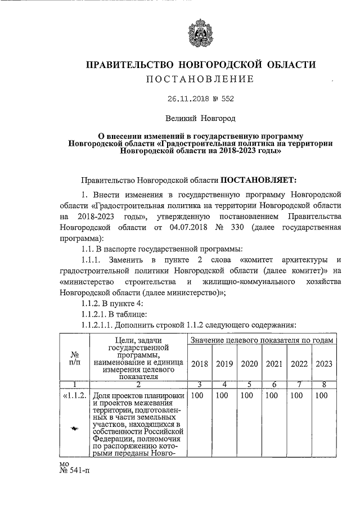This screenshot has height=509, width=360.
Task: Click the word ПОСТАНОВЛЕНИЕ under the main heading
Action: tap(200, 79)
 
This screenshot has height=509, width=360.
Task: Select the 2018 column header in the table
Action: tap(200, 363)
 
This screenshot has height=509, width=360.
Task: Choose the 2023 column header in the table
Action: tap(324, 363)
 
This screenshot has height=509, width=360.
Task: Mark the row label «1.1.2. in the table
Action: tap(75, 396)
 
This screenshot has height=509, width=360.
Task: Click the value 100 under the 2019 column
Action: tap(224, 396)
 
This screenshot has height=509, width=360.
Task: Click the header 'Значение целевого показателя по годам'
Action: tap(262, 341)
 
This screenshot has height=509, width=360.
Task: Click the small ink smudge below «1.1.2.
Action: tap(75, 429)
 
